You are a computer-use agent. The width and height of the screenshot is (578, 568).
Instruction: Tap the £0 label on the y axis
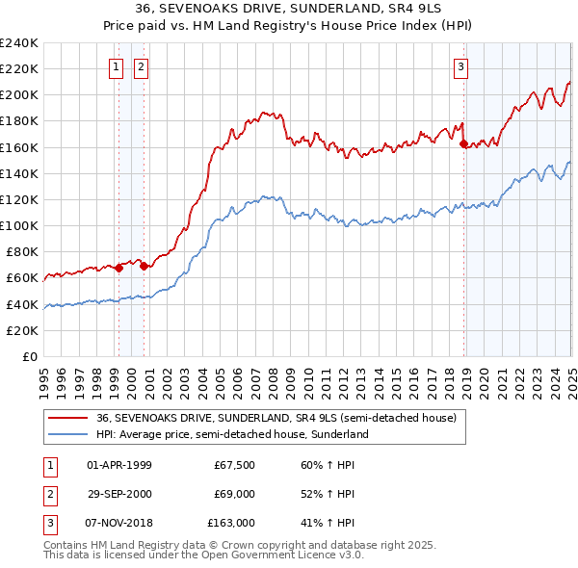[x=29, y=356]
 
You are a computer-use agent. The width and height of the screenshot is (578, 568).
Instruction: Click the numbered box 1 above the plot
[x=117, y=67]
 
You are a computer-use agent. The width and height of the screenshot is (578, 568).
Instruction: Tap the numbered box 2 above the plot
[x=141, y=67]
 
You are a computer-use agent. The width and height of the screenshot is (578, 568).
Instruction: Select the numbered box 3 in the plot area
[x=462, y=67]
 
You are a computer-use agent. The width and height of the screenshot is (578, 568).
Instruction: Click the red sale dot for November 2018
[x=463, y=143]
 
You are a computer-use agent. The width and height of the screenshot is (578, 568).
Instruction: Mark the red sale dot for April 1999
[x=118, y=268]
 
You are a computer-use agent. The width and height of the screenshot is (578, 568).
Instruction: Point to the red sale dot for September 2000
[x=144, y=266]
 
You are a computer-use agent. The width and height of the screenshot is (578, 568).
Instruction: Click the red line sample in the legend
[x=67, y=419]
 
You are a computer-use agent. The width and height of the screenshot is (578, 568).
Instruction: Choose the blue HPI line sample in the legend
[x=67, y=434]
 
